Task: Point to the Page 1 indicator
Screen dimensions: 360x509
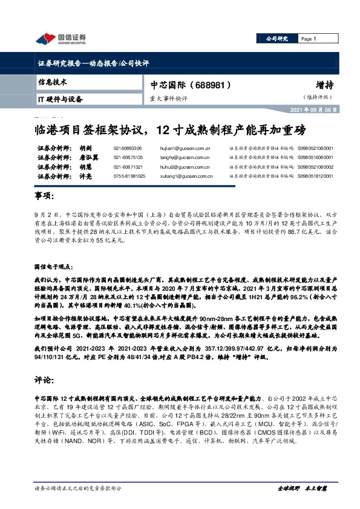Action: point(309,39)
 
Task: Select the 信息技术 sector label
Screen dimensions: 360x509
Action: point(52,81)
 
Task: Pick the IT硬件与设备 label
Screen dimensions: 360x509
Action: point(60,99)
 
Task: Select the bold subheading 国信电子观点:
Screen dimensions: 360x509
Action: point(56,267)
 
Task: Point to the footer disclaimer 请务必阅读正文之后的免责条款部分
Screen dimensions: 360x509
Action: point(78,487)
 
